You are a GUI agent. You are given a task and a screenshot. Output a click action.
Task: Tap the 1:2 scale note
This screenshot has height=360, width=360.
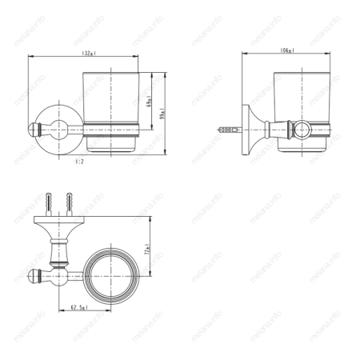[79, 161]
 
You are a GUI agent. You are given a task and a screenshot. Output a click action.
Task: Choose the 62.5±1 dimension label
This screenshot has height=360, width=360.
[78, 307]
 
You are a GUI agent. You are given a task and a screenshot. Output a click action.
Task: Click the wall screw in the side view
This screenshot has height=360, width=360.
[227, 127]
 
